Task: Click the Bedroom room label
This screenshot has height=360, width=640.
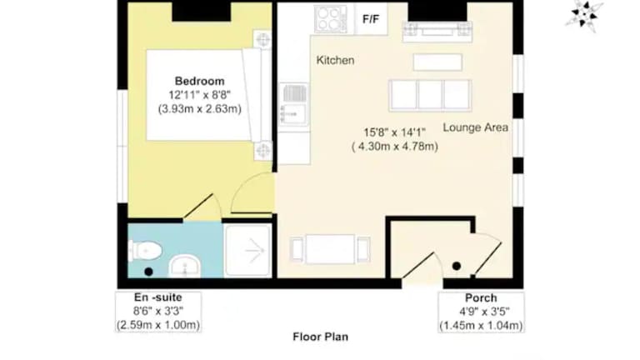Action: [x=200, y=81]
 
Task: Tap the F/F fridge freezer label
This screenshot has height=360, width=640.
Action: [x=371, y=19]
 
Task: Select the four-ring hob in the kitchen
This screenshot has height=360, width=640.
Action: [x=330, y=19]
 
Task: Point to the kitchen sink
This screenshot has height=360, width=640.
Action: [x=293, y=103]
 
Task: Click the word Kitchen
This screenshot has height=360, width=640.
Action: [x=335, y=60]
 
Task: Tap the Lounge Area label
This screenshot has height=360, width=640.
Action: [x=476, y=127]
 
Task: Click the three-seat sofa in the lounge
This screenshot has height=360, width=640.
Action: [x=430, y=95]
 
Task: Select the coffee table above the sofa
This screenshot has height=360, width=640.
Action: [x=437, y=62]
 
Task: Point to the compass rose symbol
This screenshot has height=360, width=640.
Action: [x=584, y=15]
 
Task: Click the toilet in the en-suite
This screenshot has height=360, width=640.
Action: [x=145, y=250]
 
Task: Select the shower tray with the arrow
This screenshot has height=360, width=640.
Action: [x=247, y=251]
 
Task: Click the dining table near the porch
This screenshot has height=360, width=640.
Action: [x=330, y=249]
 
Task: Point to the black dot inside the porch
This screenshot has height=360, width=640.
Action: [x=457, y=266]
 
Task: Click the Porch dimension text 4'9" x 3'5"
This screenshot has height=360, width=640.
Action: [x=484, y=312]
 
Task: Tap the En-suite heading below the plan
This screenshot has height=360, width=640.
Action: [x=158, y=297]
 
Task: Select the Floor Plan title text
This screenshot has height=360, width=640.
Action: [x=320, y=337]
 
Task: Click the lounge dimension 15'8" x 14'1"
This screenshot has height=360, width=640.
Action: [x=394, y=132]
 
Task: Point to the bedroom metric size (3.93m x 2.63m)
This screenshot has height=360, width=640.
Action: [x=200, y=109]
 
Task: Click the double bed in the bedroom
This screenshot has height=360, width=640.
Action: [x=208, y=95]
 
